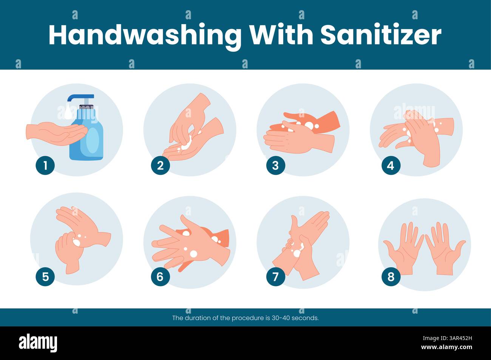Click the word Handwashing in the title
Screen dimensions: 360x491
point(145,35)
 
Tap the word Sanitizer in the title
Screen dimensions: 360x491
point(381,35)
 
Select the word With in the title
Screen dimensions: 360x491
point(281,35)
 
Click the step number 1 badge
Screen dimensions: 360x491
point(45,165)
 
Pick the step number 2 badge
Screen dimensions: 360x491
point(160,165)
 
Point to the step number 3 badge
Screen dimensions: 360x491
point(275,165)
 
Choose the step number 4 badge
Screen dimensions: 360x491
point(391,165)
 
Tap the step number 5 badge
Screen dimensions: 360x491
point(45,277)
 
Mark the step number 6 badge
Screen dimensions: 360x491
point(160,277)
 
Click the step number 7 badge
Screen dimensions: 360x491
point(275,277)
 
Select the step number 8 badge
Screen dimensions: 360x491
point(391,277)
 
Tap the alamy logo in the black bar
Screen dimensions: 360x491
point(38,343)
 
